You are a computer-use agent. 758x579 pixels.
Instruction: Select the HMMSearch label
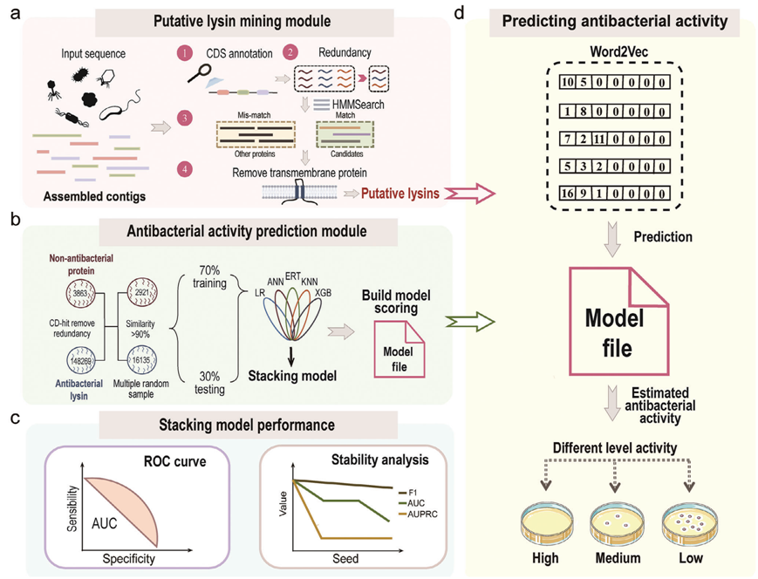tap(359, 105)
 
